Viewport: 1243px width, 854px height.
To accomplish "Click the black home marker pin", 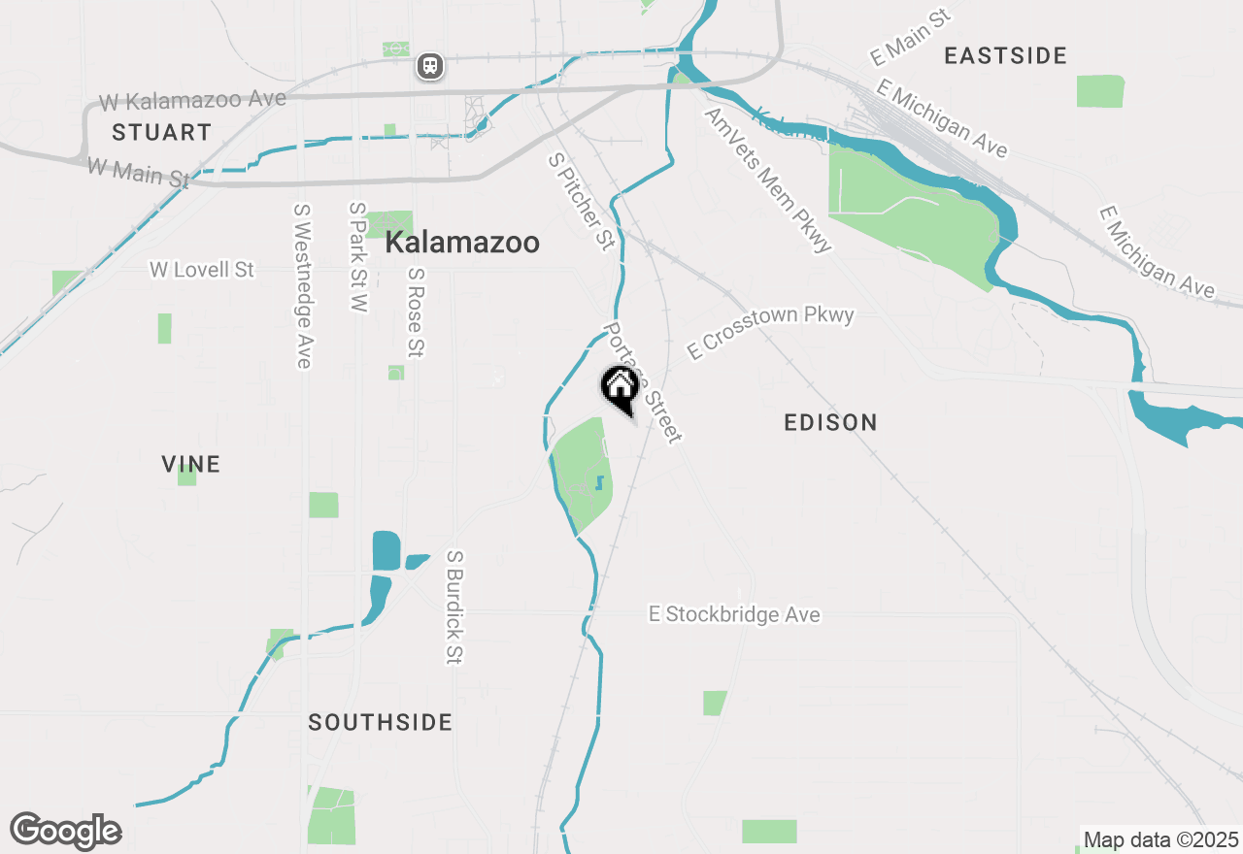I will [620, 388].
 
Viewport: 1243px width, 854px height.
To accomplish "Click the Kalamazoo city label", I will [462, 243].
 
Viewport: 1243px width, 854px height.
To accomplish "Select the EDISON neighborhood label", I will [830, 422].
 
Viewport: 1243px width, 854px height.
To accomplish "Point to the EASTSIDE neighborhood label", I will [1006, 55].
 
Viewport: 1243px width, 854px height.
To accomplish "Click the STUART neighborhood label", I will [161, 132].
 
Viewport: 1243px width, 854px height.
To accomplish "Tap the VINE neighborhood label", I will [191, 464].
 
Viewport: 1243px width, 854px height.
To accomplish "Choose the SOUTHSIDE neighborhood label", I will [381, 722].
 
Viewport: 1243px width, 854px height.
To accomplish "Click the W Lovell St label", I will [202, 269].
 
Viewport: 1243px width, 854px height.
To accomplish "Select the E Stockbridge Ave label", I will [734, 614].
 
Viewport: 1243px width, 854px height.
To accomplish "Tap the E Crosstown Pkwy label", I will [770, 331].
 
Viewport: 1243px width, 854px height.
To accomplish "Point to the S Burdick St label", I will [454, 608].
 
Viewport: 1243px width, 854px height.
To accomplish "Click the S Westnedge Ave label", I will [302, 285].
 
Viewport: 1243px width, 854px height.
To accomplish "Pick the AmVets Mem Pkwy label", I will [768, 181].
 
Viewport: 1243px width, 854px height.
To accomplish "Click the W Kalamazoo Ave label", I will [192, 100].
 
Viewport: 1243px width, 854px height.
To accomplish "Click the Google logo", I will [65, 831].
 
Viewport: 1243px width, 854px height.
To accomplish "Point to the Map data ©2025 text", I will [1160, 839].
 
